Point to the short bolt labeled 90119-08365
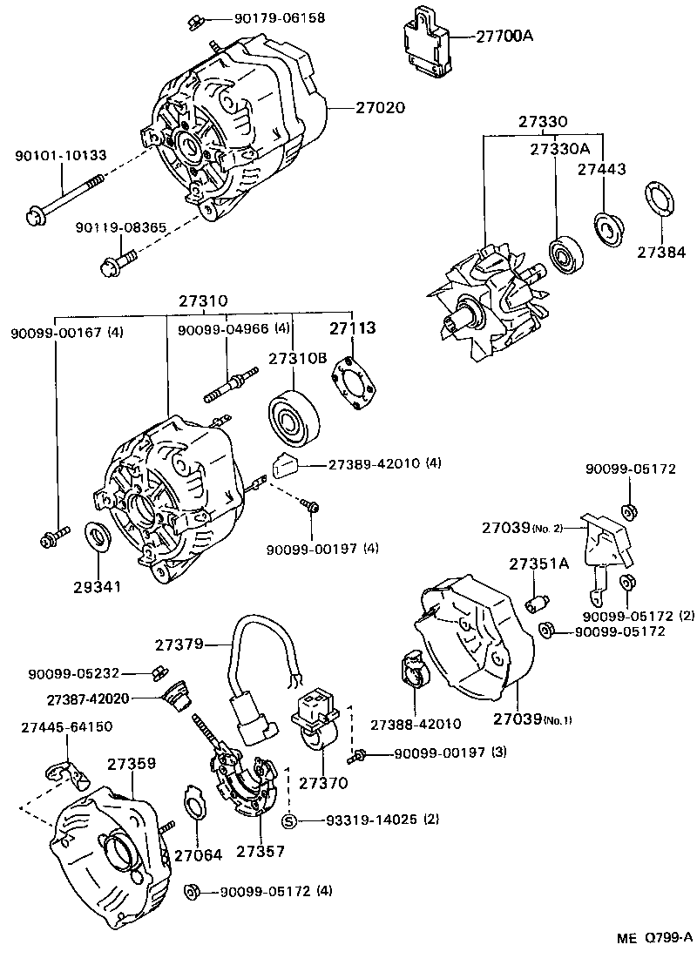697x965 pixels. pos(118,260)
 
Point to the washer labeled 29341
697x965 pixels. pos(96,536)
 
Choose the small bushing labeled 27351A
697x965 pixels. pos(538,604)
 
